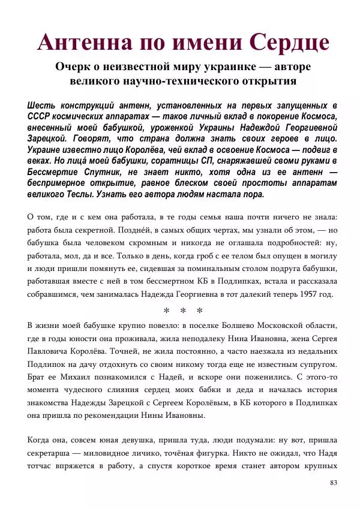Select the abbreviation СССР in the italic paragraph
pos(40,117)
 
